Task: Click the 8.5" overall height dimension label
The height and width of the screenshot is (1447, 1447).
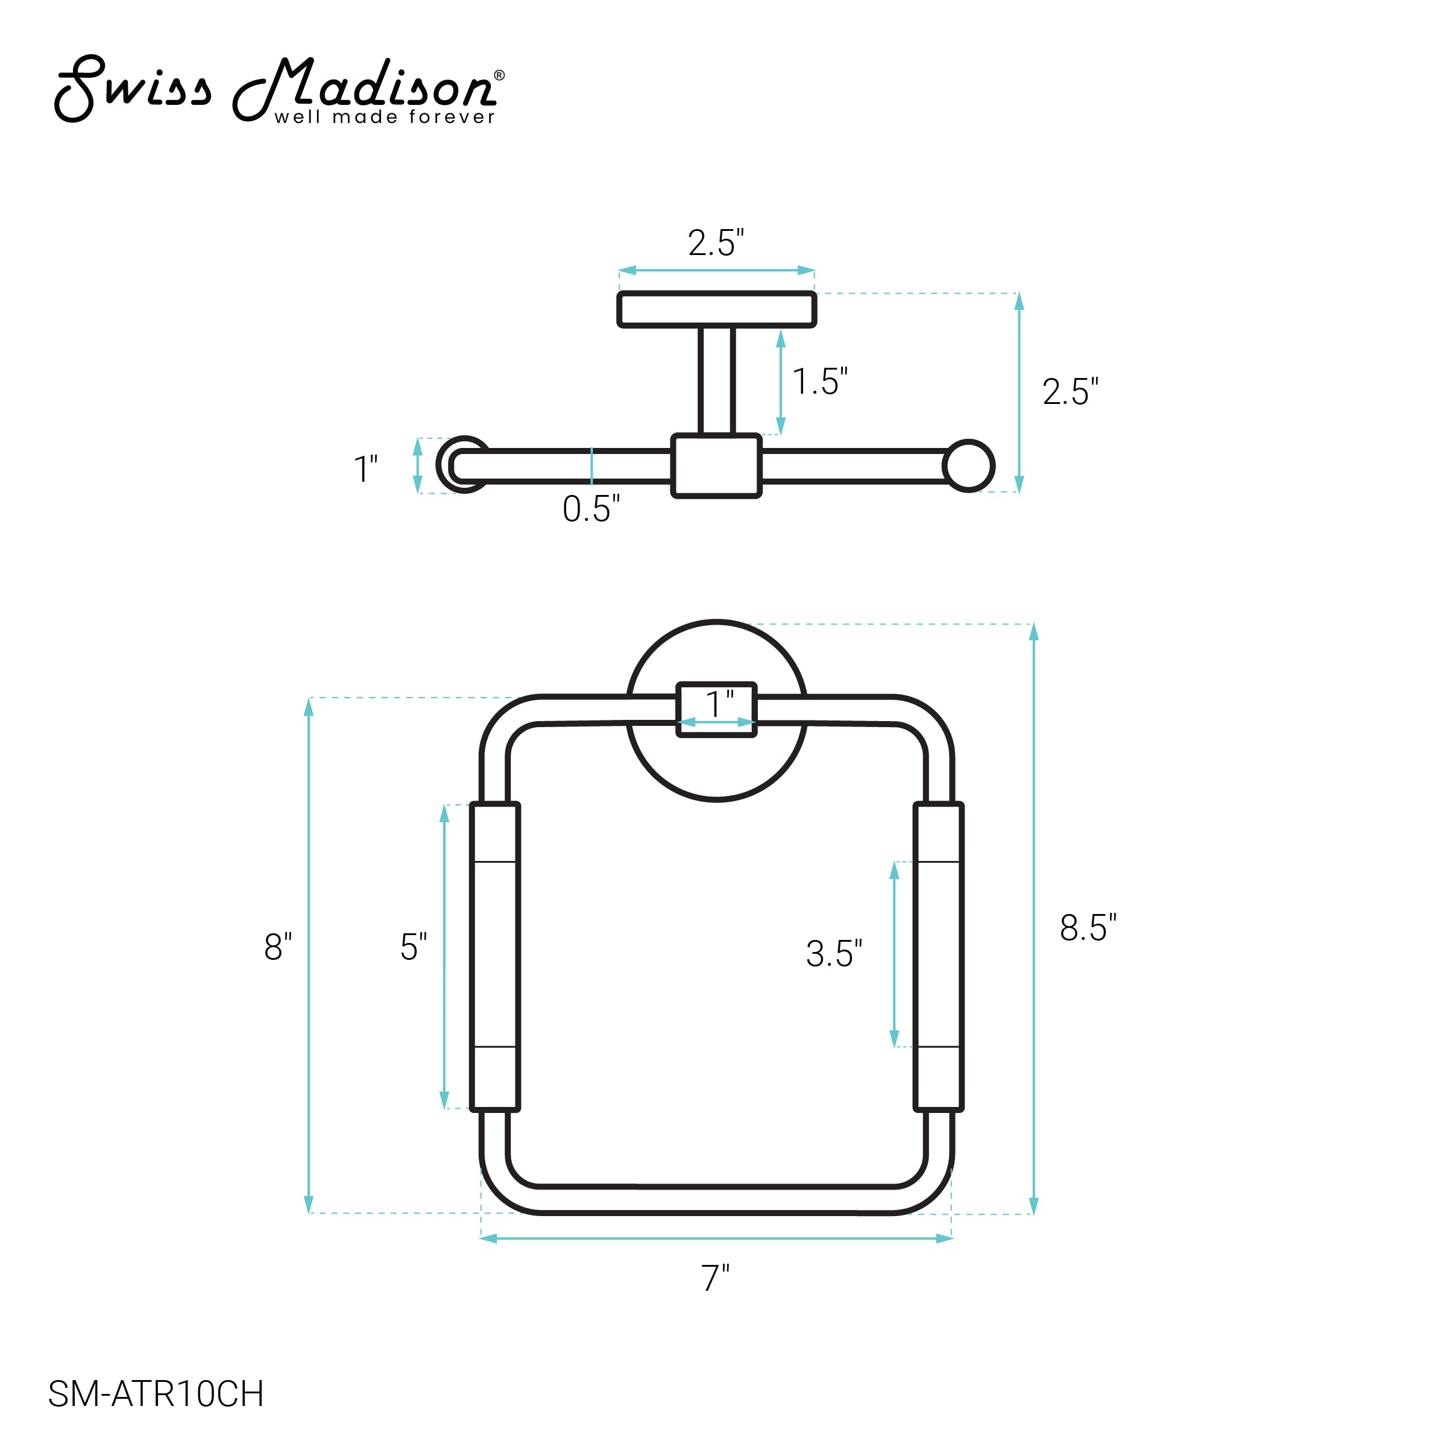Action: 1088,928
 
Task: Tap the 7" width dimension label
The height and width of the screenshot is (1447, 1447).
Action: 715,1278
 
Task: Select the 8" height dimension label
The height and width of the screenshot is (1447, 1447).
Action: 278,947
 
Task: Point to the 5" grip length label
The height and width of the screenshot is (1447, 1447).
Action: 414,947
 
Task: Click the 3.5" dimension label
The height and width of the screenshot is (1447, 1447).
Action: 834,953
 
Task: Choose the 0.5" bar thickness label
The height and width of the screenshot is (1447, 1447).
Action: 591,508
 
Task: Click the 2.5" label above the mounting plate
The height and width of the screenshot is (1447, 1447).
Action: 716,242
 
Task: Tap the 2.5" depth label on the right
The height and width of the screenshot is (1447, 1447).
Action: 1070,392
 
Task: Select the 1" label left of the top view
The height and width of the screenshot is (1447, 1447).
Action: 365,469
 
